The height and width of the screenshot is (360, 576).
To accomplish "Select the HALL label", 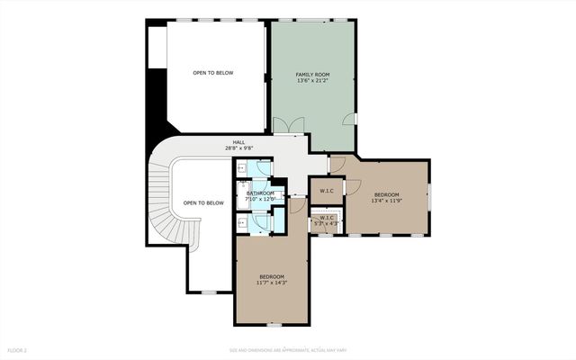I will click(238, 141).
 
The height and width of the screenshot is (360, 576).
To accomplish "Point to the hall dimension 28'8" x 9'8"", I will click(238, 148).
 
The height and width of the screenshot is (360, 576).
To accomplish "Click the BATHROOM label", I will click(261, 193).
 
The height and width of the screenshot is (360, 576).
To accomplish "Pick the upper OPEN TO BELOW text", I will click(213, 73).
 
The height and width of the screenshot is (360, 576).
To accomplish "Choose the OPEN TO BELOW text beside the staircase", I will click(203, 202).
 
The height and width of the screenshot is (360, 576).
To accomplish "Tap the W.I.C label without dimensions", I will click(327, 190).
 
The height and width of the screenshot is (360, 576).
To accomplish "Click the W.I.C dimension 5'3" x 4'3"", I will click(326, 223).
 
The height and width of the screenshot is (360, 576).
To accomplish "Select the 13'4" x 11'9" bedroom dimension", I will click(386, 202).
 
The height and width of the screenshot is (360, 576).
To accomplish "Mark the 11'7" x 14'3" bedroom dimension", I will click(272, 283).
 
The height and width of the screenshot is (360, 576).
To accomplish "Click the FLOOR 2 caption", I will click(18, 349).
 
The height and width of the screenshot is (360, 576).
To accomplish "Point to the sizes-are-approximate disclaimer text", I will click(287, 349).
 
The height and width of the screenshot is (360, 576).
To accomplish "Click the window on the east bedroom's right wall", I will click(429, 194).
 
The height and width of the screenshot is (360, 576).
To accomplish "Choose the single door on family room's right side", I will click(352, 119).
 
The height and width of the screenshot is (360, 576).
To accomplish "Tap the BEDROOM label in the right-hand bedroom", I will click(386, 194).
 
